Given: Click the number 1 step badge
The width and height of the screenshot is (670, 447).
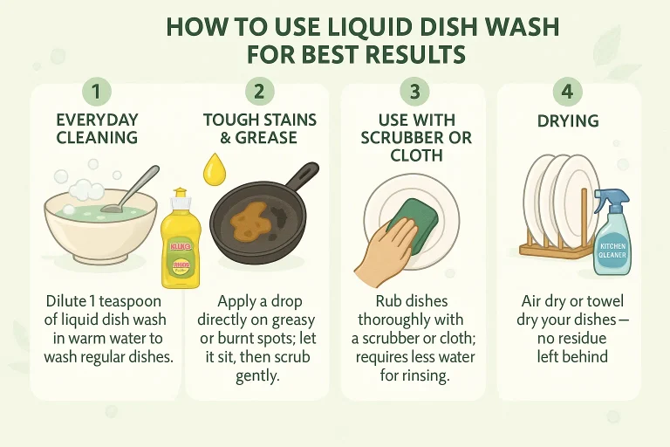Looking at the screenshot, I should click(x=97, y=92).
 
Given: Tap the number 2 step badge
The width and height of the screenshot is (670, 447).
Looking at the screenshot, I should click(x=258, y=92).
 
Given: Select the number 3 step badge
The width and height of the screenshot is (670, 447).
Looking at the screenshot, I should click(x=414, y=92).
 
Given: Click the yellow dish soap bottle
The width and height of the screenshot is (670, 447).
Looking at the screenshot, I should click(x=180, y=240).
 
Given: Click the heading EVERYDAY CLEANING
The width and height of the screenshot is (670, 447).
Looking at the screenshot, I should click(x=97, y=127).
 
